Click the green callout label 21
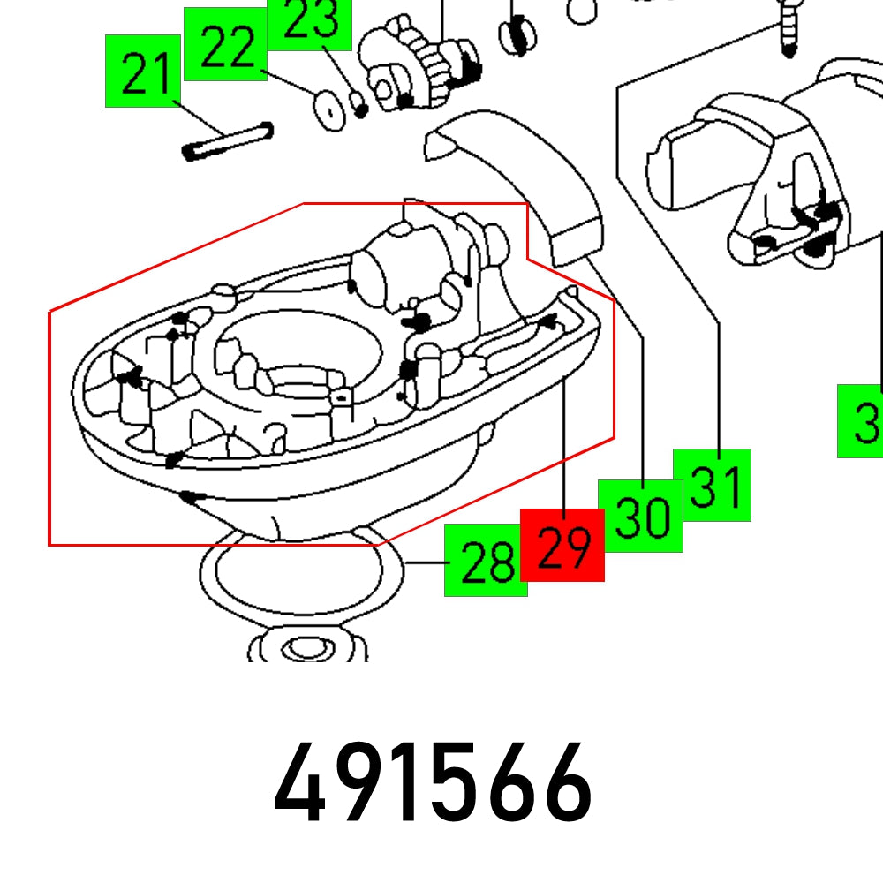click(143, 72)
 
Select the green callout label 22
click(225, 44)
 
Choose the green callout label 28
click(486, 561)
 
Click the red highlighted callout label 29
click(562, 545)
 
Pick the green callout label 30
click(640, 517)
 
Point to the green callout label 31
click(712, 485)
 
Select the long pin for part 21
click(227, 142)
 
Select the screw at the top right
click(788, 26)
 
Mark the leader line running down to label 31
click(720, 389)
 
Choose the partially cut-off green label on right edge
click(861, 421)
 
